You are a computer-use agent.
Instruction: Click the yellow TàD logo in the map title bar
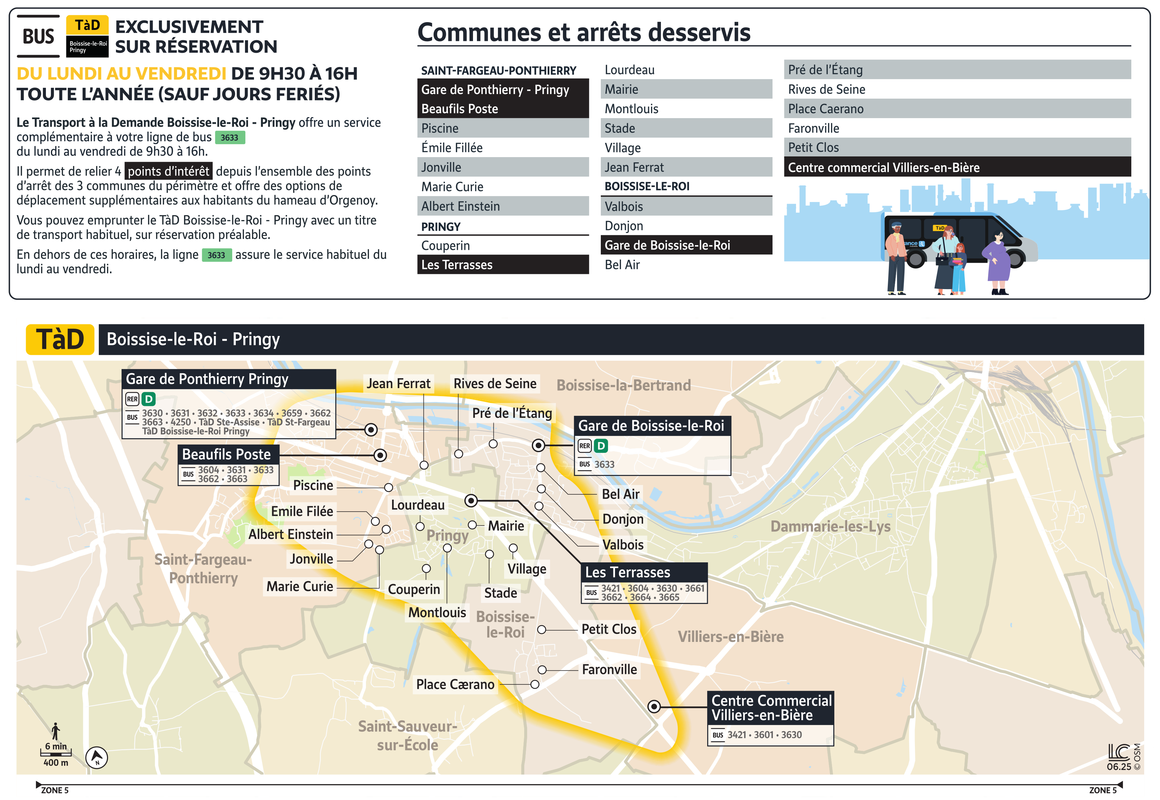tap(60, 339)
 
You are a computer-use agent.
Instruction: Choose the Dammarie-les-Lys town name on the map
tap(830, 526)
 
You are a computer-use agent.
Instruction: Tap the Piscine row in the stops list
tap(502, 128)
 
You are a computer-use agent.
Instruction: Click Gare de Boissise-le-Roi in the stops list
tap(686, 245)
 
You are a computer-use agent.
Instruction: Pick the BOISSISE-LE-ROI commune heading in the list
tap(647, 186)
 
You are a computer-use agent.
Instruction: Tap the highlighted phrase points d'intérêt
tap(168, 171)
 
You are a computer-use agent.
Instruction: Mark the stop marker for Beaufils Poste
tap(380, 455)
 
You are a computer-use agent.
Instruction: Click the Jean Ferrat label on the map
tap(398, 383)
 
